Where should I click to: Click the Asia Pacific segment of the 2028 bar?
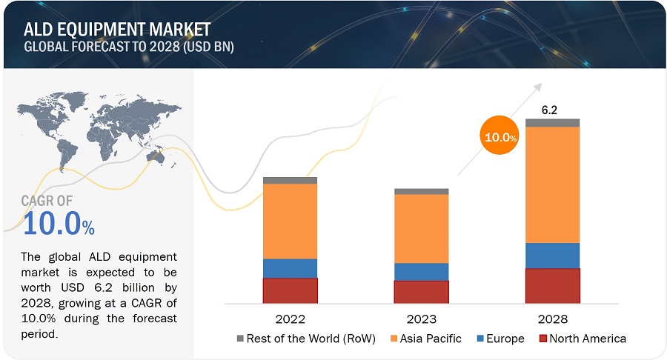(x=552, y=184)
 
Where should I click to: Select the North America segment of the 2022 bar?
(x=290, y=290)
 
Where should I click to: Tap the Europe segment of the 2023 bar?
(x=421, y=272)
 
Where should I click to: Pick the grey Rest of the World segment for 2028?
(x=552, y=123)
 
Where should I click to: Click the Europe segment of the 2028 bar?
(x=552, y=256)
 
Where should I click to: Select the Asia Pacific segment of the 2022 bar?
(x=290, y=221)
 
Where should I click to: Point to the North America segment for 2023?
(x=421, y=292)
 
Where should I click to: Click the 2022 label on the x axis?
(x=290, y=320)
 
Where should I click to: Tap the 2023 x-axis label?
(x=421, y=320)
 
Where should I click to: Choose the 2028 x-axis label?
(x=552, y=320)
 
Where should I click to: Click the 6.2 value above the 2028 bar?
(x=549, y=110)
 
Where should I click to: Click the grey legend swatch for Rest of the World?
(x=240, y=339)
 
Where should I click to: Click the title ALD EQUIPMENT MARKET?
(x=117, y=29)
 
